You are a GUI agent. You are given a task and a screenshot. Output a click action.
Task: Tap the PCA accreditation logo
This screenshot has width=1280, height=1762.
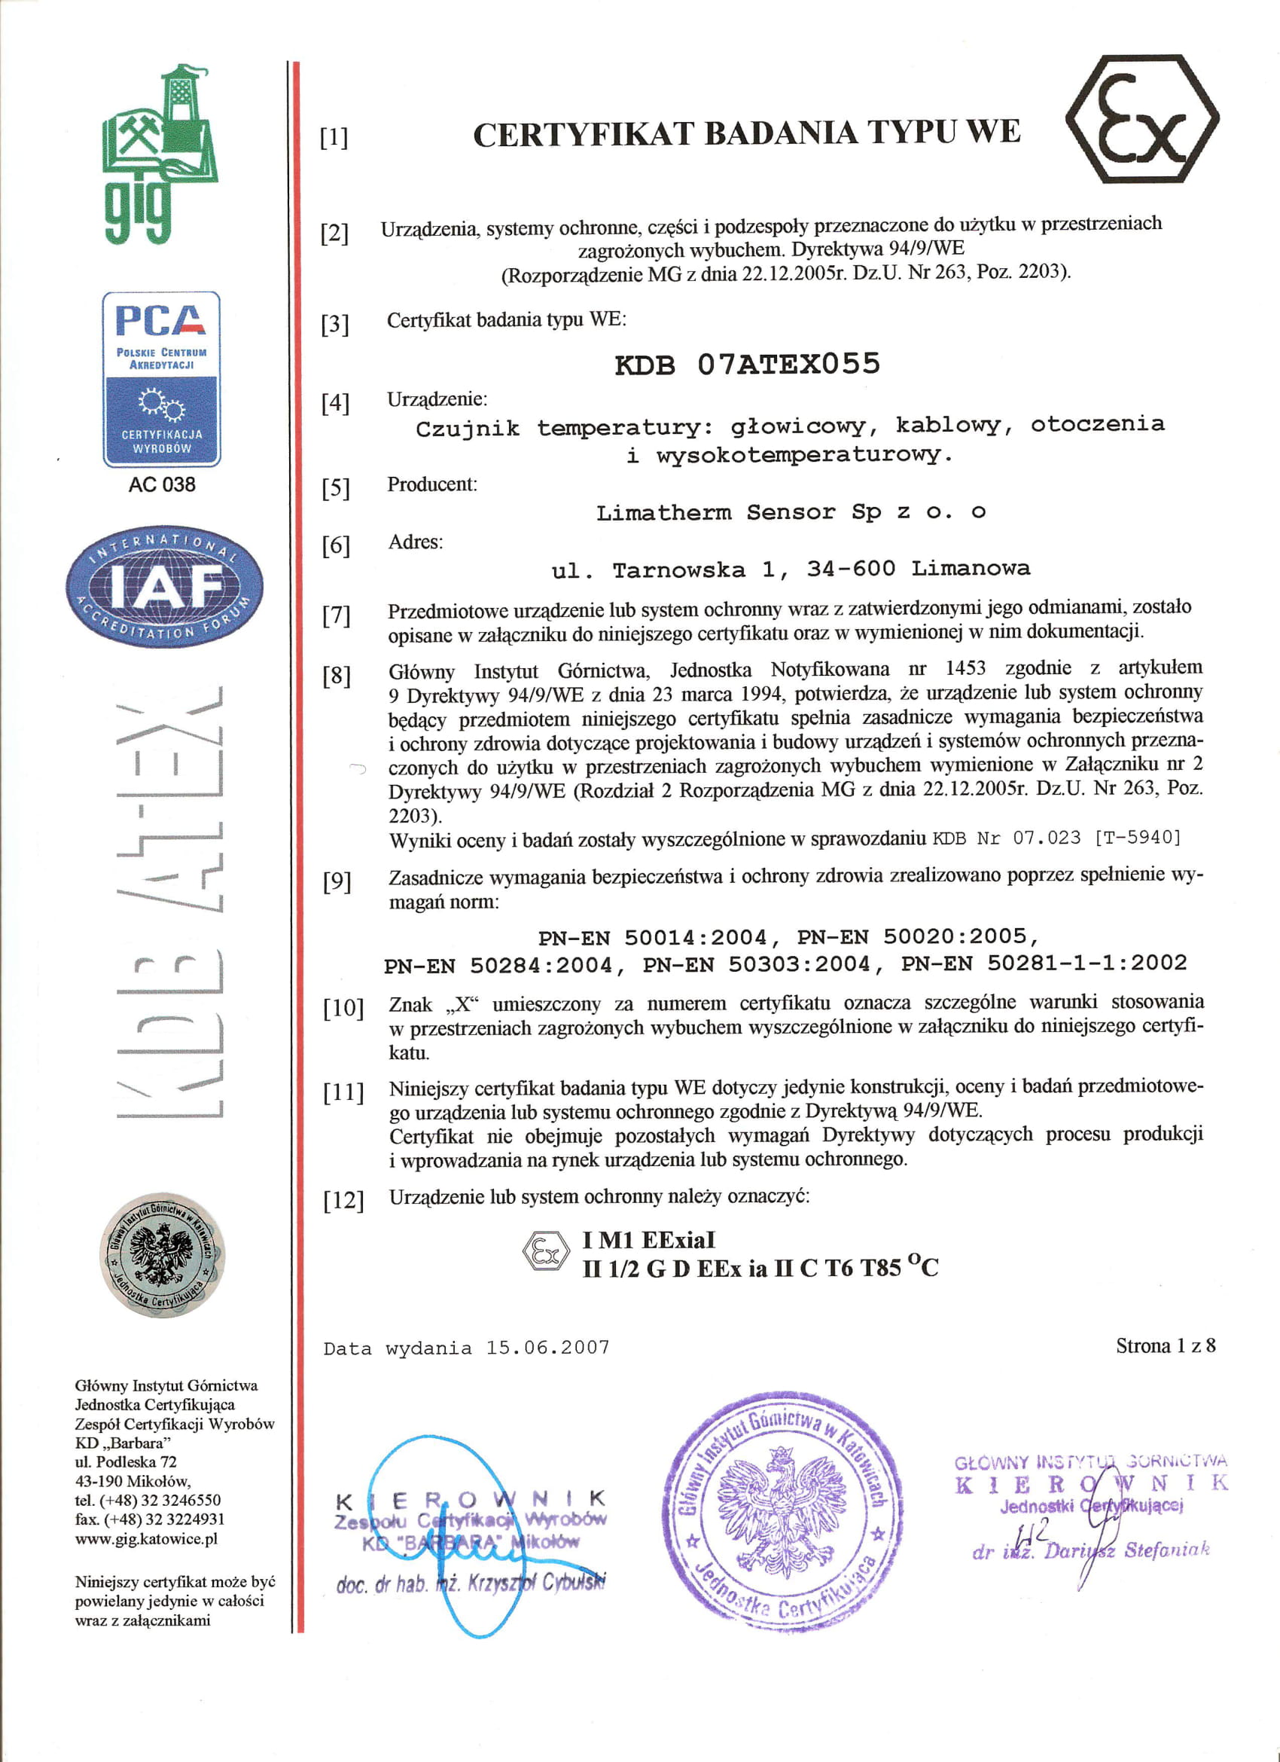[x=162, y=379]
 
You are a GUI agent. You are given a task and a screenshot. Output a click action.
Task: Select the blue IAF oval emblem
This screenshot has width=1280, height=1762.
[x=165, y=587]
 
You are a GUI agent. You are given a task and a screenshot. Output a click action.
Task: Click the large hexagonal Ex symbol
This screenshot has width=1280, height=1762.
[x=1141, y=119]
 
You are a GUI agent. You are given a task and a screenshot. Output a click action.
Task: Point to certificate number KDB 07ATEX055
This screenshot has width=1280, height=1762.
[x=747, y=365]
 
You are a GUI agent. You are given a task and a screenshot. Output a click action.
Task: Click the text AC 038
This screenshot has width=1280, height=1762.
[x=162, y=485]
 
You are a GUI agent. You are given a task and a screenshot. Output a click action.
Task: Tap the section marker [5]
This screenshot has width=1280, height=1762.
[x=336, y=488]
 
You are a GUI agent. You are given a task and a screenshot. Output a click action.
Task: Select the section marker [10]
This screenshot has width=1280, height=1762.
[x=343, y=1009]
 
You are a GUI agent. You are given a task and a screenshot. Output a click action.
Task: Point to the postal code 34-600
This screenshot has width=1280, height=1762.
[x=851, y=569]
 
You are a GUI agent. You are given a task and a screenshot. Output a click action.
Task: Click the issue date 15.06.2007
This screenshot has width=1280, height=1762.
[x=547, y=1347]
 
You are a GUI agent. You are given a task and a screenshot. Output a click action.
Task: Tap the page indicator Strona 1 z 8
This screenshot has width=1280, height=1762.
[x=1165, y=1345]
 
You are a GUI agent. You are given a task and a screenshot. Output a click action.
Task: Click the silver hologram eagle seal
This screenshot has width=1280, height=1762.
[x=163, y=1254]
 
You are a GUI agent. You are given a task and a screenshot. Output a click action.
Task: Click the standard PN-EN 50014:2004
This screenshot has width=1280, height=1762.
[x=653, y=938]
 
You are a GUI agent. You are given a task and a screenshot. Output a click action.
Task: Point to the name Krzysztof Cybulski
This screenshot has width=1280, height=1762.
[x=544, y=1583]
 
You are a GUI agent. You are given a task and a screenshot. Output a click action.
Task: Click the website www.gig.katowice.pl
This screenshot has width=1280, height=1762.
[x=146, y=1539]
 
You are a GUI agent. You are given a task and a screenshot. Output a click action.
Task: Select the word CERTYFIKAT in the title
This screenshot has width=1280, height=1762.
[x=583, y=134]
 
